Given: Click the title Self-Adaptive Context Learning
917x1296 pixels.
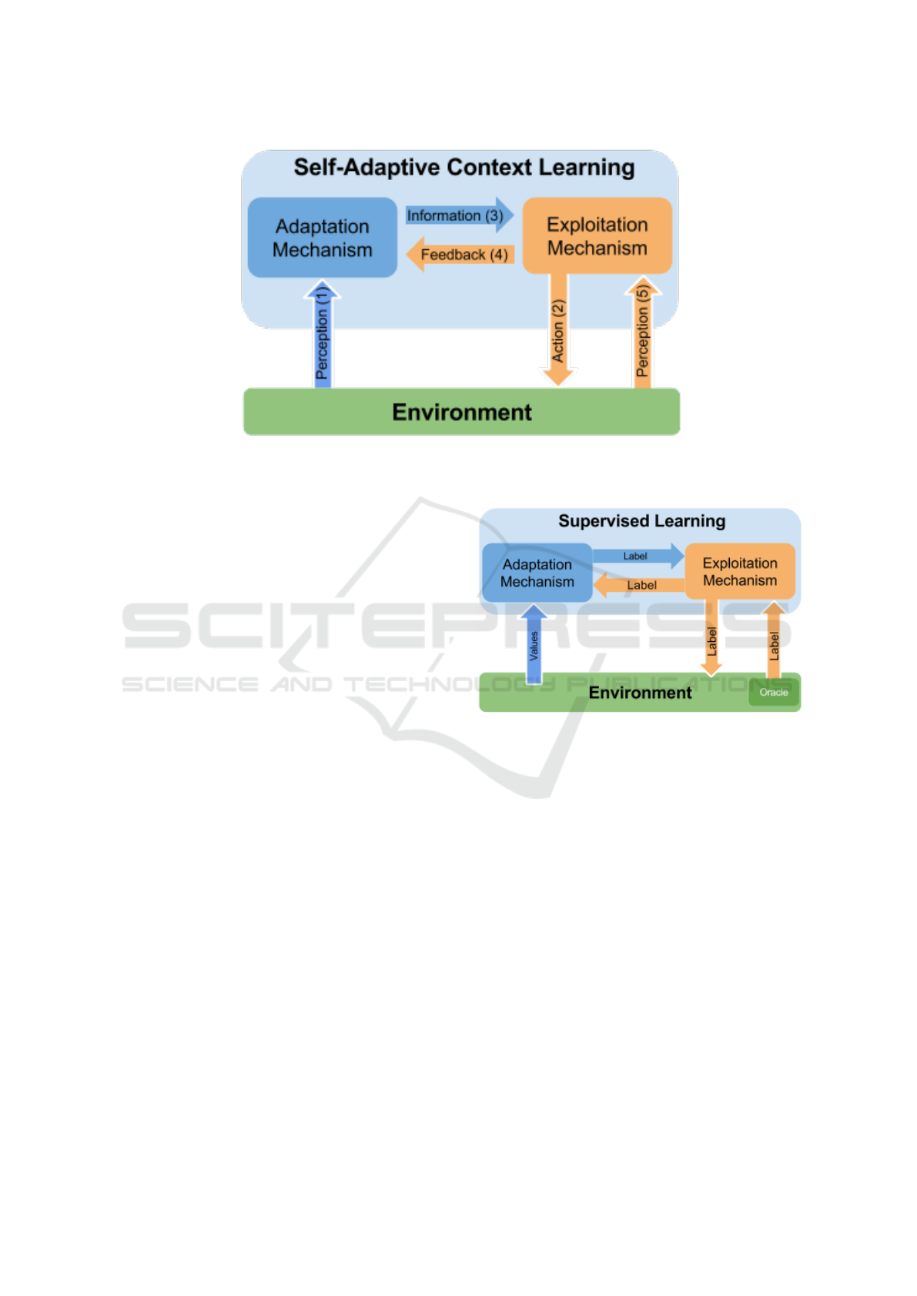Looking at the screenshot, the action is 464,167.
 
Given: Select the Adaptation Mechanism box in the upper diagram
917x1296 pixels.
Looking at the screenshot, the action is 322,237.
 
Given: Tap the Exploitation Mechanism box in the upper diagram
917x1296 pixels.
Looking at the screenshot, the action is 597,235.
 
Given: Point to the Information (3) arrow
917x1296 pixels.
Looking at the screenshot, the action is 459,215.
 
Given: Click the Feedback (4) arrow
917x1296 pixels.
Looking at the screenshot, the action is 460,254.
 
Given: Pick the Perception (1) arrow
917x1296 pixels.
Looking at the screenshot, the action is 322,334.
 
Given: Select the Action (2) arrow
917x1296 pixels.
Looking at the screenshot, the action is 558,329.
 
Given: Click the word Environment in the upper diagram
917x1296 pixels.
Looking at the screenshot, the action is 461,413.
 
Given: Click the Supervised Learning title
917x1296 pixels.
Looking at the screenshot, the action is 641,521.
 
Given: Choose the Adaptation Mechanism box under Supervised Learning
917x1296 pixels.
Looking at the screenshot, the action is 537,573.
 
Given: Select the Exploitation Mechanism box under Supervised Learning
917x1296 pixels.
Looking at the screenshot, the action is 740,571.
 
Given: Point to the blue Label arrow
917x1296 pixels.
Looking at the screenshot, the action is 638,556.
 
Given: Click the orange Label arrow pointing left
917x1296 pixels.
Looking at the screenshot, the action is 639,585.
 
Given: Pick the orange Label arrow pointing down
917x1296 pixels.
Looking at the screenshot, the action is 711,637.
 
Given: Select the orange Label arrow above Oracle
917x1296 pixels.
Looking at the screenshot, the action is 774,640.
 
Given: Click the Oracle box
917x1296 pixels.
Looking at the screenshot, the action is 774,693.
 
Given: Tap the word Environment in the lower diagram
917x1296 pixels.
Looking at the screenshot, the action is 640,693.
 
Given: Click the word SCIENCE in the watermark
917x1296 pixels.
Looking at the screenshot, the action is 190,684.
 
